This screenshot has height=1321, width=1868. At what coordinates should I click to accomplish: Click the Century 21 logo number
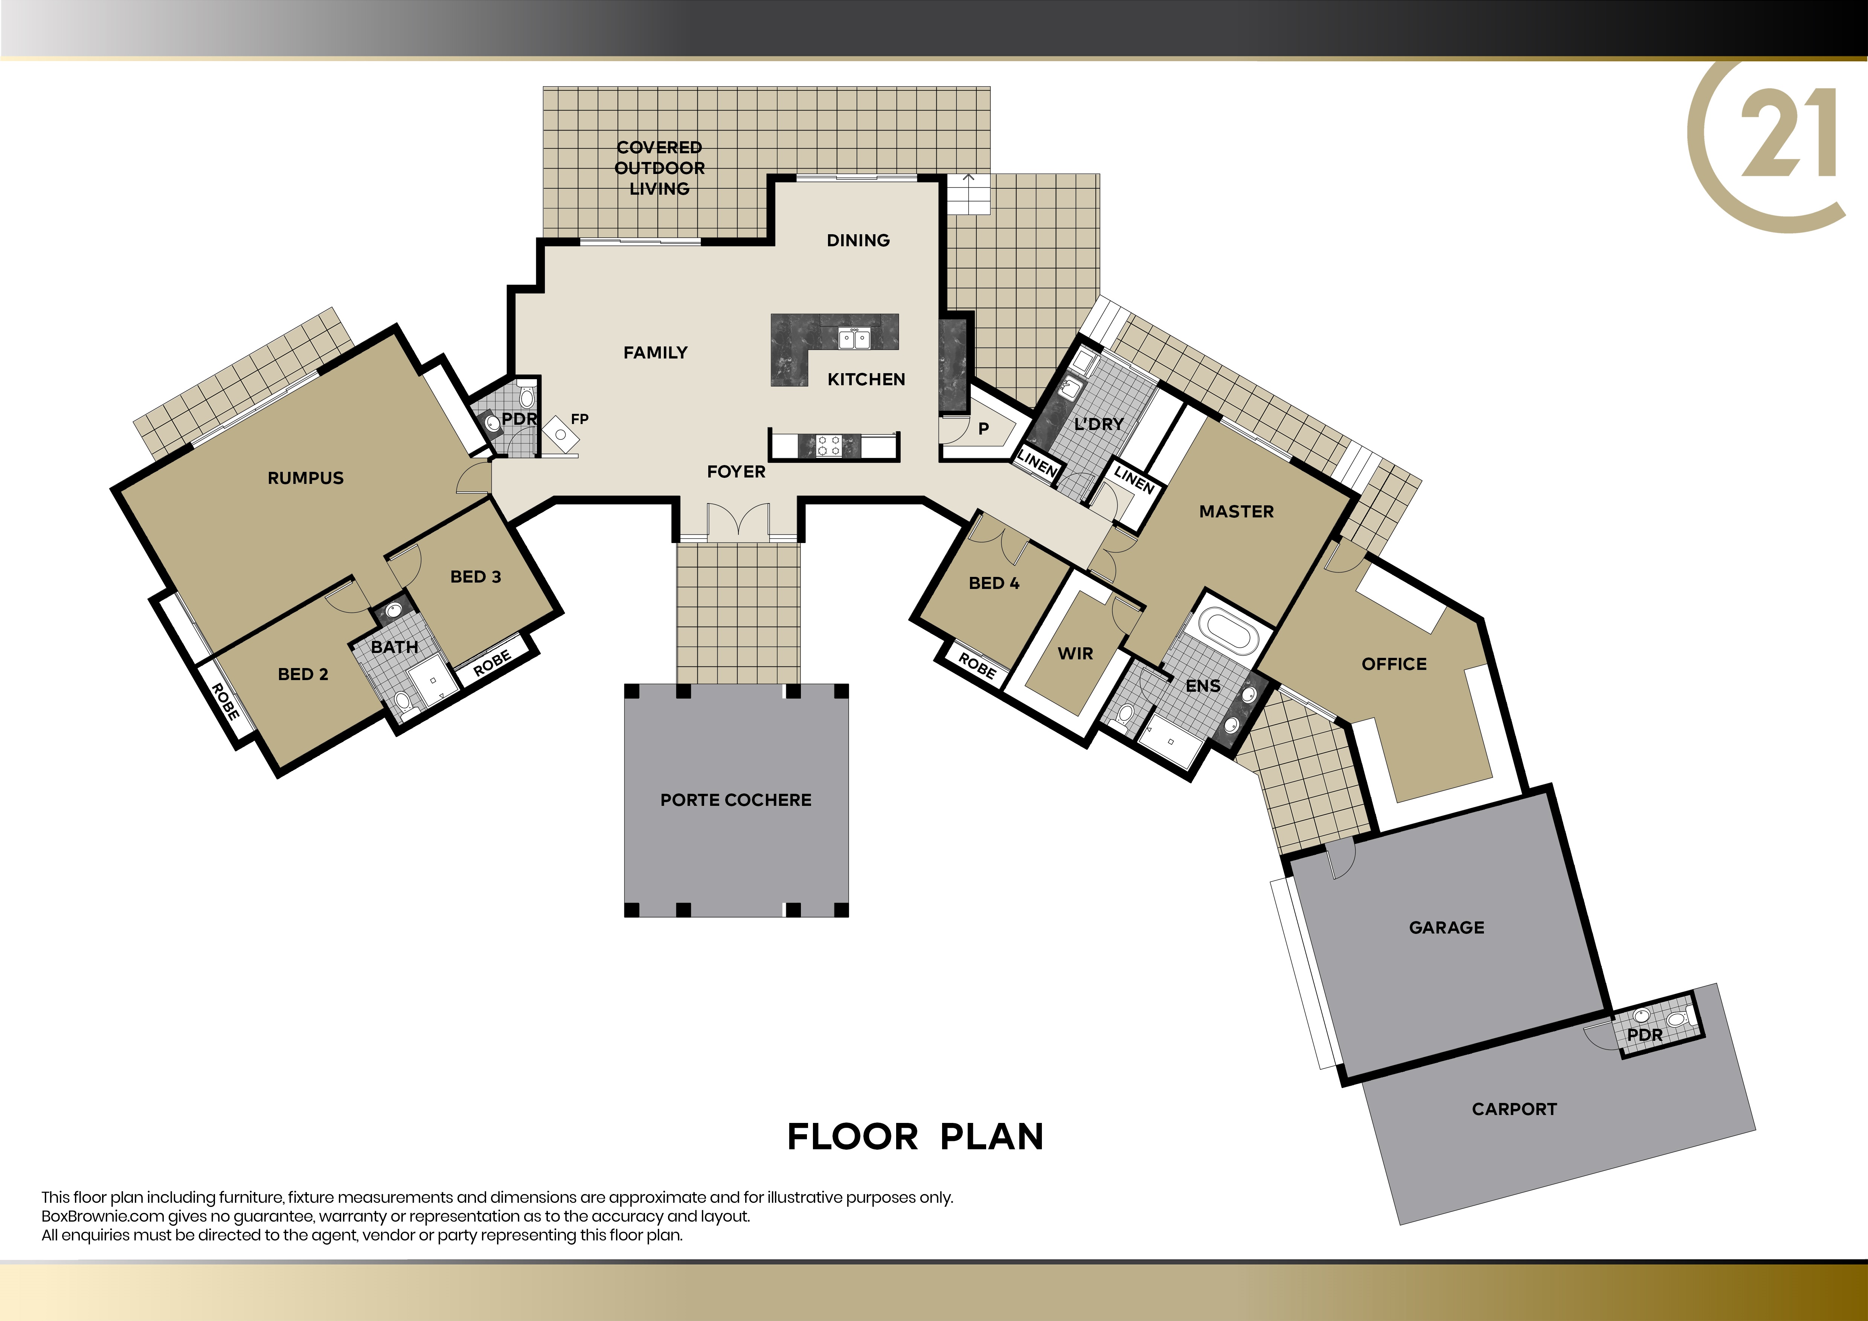coord(1788,133)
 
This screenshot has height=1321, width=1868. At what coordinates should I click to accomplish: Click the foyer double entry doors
coord(738,522)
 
